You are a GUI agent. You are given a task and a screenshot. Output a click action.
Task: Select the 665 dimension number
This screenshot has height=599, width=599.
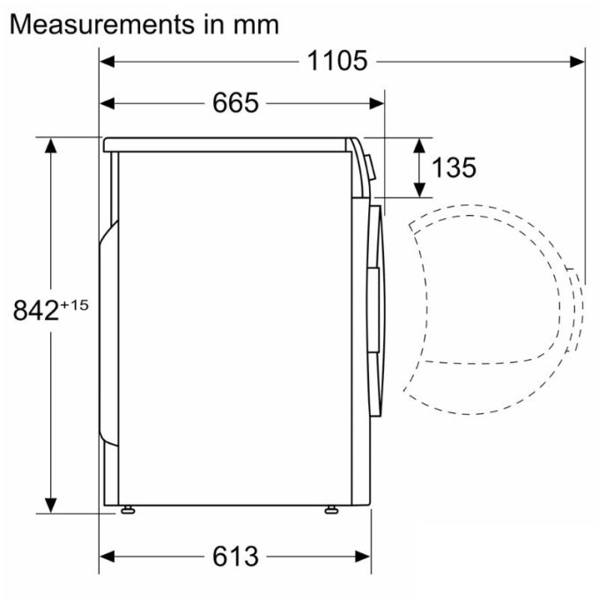[236, 103]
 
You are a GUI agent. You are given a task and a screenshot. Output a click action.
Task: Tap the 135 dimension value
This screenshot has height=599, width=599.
[455, 166]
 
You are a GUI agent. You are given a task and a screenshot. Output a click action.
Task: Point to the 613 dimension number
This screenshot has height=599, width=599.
[236, 556]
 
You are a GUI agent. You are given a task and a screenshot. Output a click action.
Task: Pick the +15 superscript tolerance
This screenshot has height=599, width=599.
[76, 304]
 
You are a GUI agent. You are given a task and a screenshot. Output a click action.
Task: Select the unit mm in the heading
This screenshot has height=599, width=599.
[255, 24]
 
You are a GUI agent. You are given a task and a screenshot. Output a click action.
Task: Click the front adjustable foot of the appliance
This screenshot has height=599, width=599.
[331, 510]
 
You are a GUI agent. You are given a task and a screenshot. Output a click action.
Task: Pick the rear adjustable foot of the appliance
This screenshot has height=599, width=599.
[129, 510]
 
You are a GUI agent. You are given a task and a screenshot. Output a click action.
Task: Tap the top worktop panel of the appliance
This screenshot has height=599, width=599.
[229, 144]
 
